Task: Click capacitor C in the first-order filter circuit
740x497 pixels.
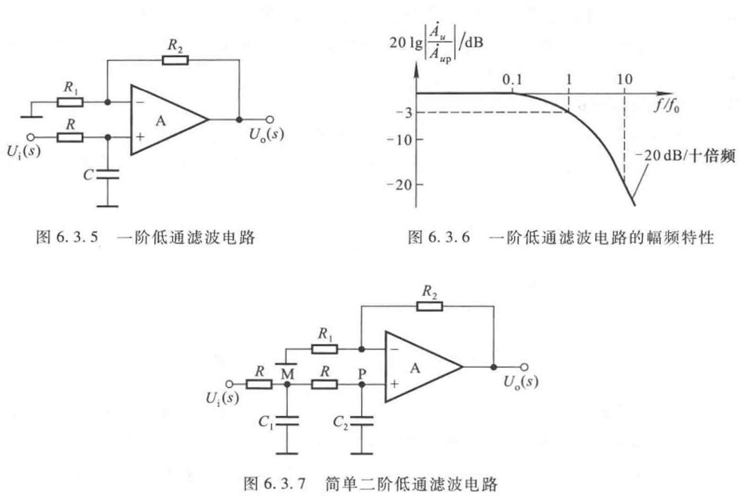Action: pos(108,175)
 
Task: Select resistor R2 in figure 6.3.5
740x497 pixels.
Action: pos(175,60)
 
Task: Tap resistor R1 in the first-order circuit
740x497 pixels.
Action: pos(69,102)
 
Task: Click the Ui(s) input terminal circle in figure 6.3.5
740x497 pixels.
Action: pos(31,137)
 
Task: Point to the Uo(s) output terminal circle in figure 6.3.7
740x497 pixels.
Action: pos(524,367)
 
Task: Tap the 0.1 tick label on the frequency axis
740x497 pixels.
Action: pos(512,80)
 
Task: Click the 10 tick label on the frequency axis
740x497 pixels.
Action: pos(625,80)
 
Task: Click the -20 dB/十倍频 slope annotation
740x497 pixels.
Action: pos(685,155)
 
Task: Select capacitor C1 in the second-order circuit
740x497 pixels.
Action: pos(287,421)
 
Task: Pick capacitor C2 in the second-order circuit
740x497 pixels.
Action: pos(362,421)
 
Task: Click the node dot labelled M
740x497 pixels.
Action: pos(287,385)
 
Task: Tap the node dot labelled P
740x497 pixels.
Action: pos(362,385)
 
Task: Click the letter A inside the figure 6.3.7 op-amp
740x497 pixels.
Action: pos(415,368)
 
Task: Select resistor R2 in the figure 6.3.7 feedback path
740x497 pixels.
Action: pos(430,307)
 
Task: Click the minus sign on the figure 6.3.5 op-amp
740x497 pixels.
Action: pos(140,102)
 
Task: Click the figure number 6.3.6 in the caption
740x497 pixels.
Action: pos(449,238)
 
